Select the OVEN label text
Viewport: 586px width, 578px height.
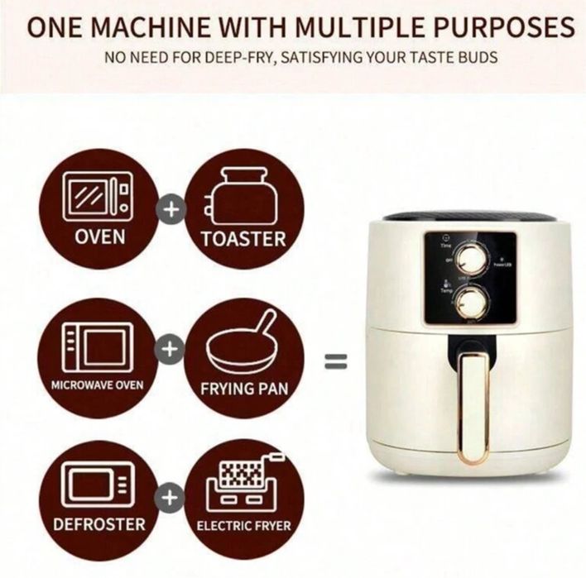tap(100, 236)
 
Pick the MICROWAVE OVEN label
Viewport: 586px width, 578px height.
tap(97, 385)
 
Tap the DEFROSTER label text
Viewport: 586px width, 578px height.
tap(99, 524)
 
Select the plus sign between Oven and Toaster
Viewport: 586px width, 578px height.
tap(171, 210)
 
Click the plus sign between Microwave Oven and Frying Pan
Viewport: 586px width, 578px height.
tap(171, 351)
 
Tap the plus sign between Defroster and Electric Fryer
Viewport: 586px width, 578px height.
tap(171, 497)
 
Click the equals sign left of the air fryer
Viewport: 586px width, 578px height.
tap(334, 361)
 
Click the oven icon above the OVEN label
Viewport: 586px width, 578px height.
tap(100, 195)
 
